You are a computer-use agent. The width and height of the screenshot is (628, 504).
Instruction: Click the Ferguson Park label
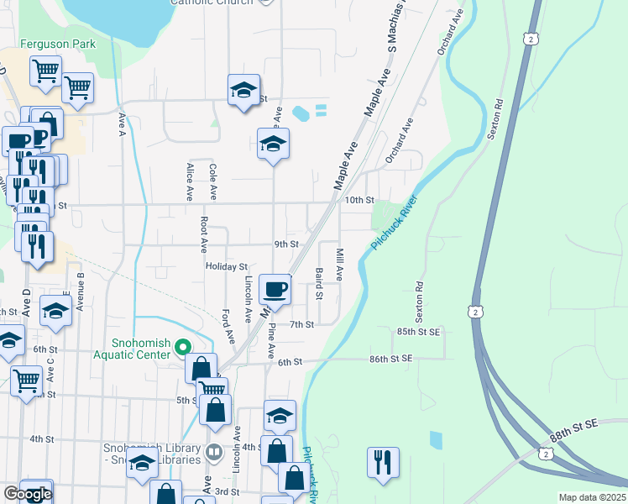click(x=59, y=44)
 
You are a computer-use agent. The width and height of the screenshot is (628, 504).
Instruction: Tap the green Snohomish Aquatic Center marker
click(x=181, y=346)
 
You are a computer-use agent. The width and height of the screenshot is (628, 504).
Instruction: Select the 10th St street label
click(x=358, y=200)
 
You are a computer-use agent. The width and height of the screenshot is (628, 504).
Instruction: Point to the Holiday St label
click(x=227, y=266)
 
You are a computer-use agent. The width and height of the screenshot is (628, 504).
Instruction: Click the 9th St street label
click(x=286, y=244)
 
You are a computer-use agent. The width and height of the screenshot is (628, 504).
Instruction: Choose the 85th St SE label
click(x=419, y=332)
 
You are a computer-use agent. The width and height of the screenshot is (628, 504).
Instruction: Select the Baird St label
click(x=319, y=284)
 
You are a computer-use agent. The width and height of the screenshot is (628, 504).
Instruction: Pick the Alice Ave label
click(x=189, y=181)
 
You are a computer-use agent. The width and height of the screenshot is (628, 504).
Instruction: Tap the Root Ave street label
click(x=204, y=235)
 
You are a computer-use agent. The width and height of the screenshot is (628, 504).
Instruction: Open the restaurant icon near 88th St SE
click(x=383, y=463)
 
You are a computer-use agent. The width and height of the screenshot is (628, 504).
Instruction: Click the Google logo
click(x=27, y=494)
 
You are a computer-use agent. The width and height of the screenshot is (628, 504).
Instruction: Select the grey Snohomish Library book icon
click(x=214, y=452)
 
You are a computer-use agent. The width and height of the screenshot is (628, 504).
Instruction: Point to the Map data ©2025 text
click(x=593, y=497)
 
